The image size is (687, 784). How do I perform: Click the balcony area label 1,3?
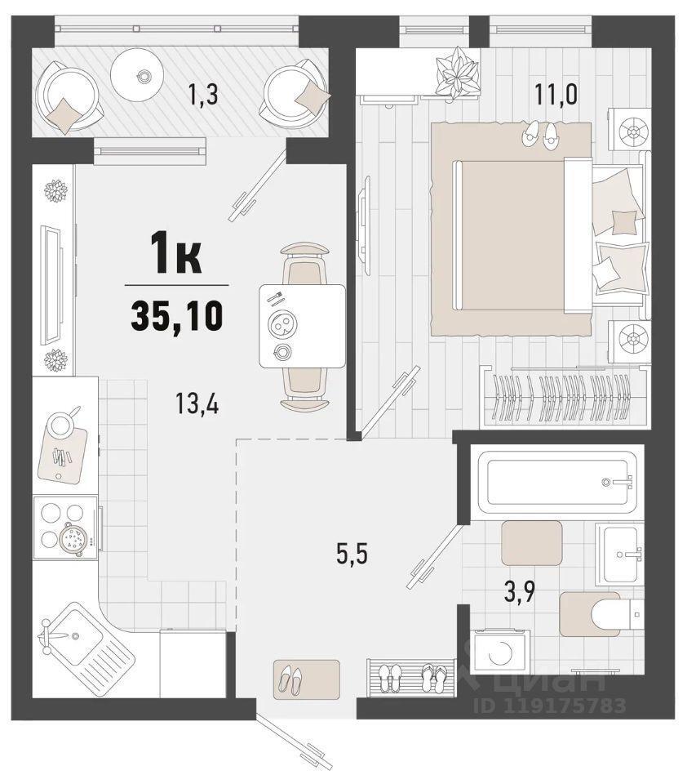point(203,95)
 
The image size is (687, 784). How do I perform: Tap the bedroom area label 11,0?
point(556,94)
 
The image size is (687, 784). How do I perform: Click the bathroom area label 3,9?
point(520,594)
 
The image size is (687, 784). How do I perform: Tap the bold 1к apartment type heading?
point(177,256)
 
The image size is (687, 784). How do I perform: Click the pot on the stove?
point(73,538)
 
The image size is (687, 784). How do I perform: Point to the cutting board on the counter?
point(63,453)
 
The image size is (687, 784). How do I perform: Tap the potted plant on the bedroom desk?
point(455,73)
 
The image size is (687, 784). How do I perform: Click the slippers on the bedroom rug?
point(541,132)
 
